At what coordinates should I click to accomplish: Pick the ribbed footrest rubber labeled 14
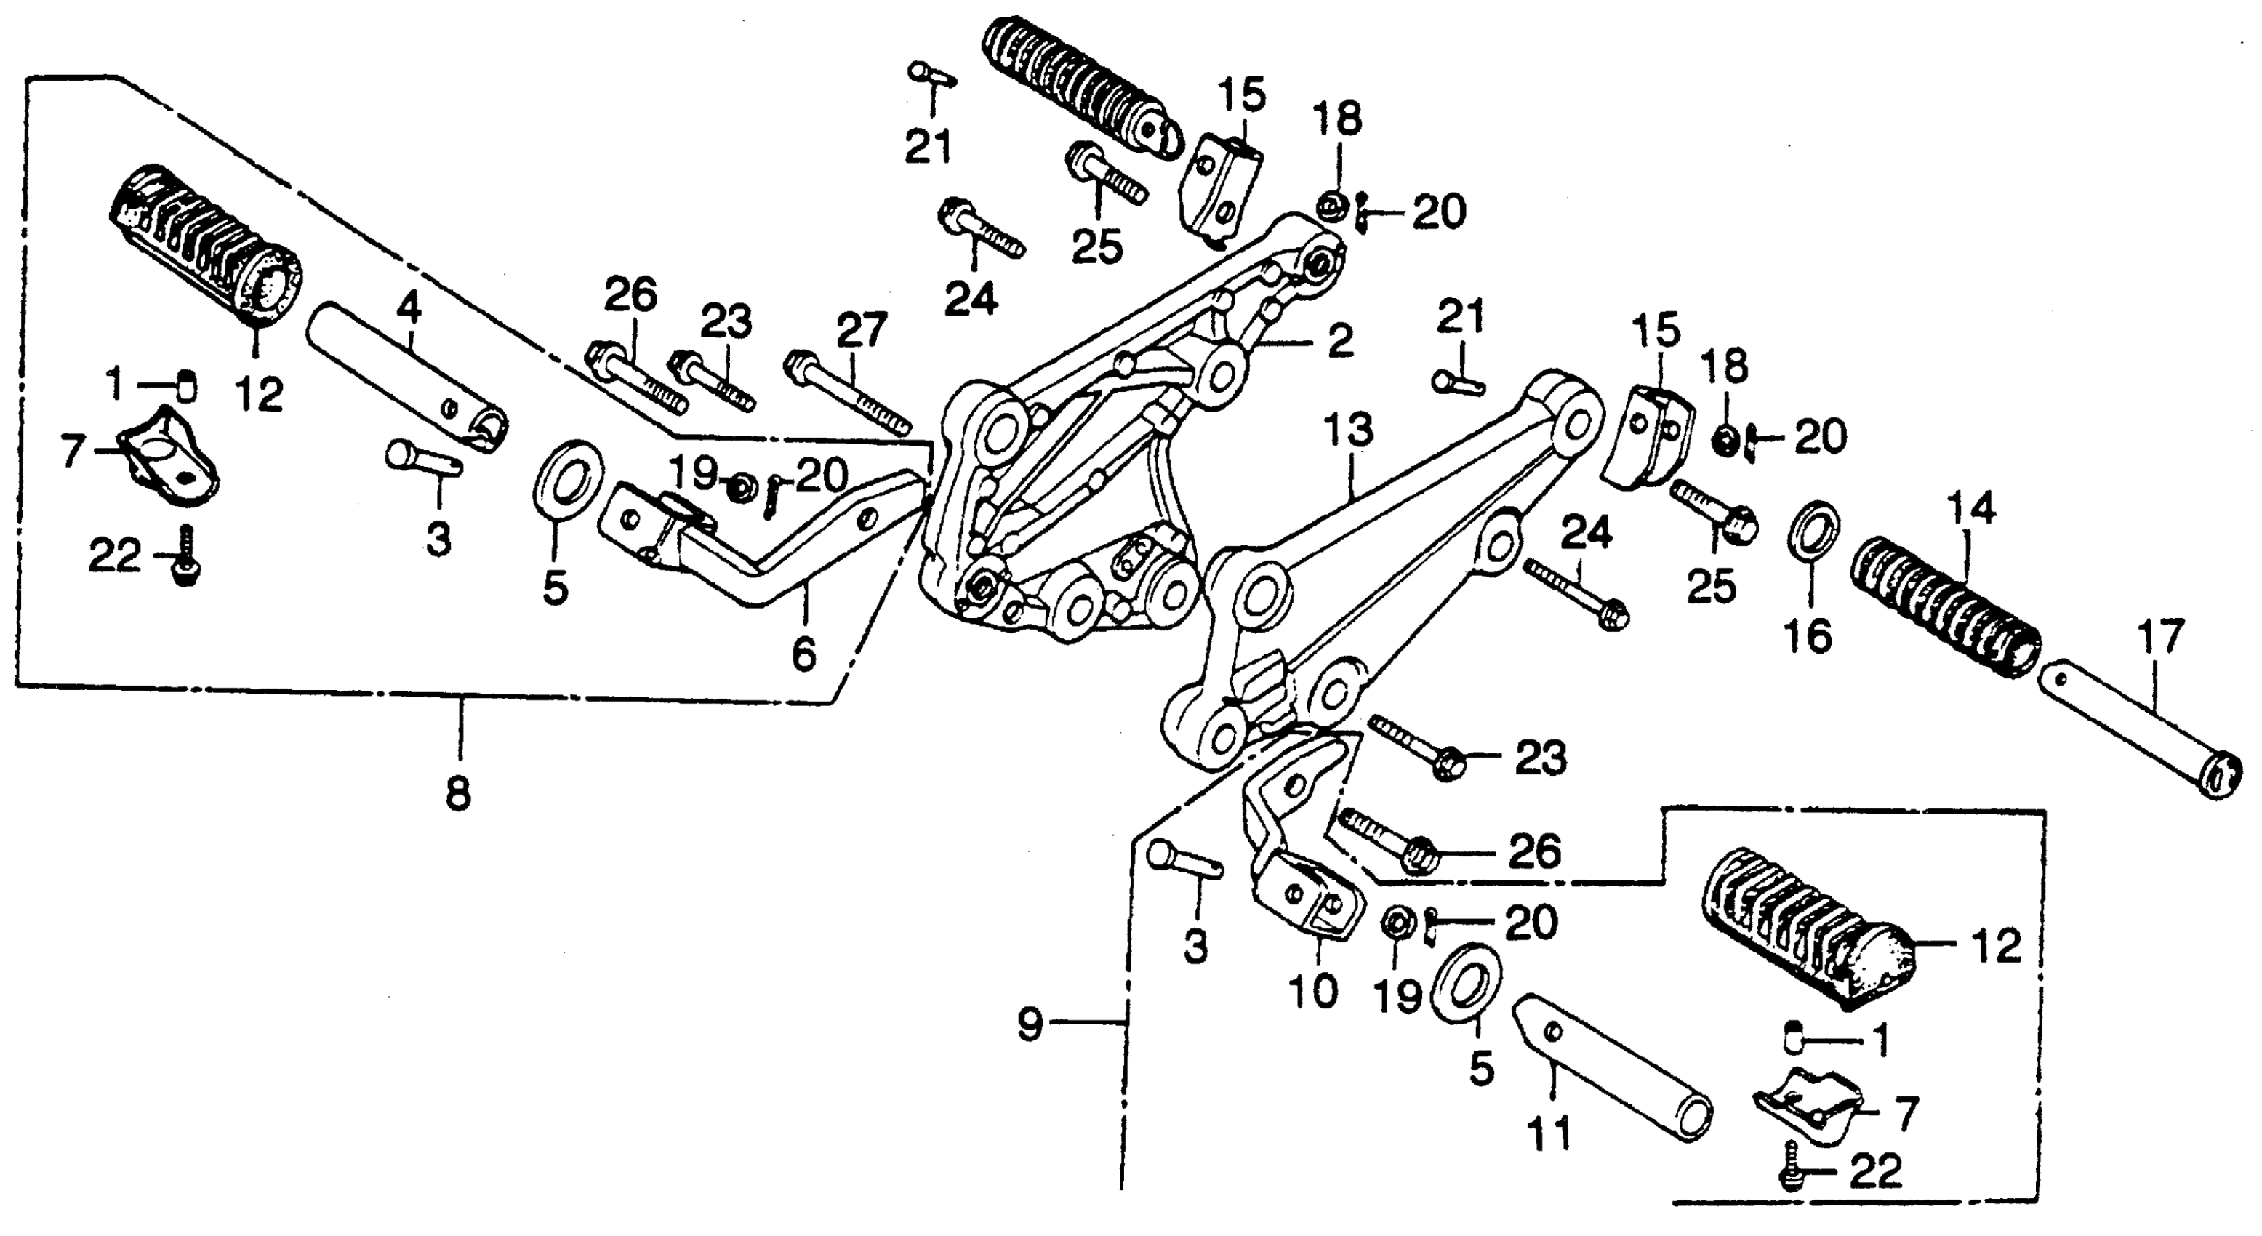pyautogui.click(x=1945, y=606)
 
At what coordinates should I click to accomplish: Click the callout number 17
pyautogui.click(x=2160, y=638)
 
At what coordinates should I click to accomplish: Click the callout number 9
pyautogui.click(x=1031, y=1024)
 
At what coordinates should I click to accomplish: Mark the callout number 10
pyautogui.click(x=1312, y=991)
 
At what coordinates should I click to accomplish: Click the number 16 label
pyautogui.click(x=1809, y=635)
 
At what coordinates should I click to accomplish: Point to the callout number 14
pyautogui.click(x=1970, y=510)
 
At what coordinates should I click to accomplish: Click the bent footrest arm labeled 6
pyautogui.click(x=773, y=562)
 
